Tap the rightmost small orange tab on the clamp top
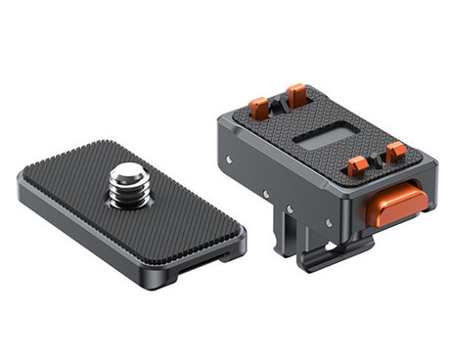click(395, 152)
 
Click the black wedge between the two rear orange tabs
click(278, 102)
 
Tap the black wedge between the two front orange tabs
click(377, 159)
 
